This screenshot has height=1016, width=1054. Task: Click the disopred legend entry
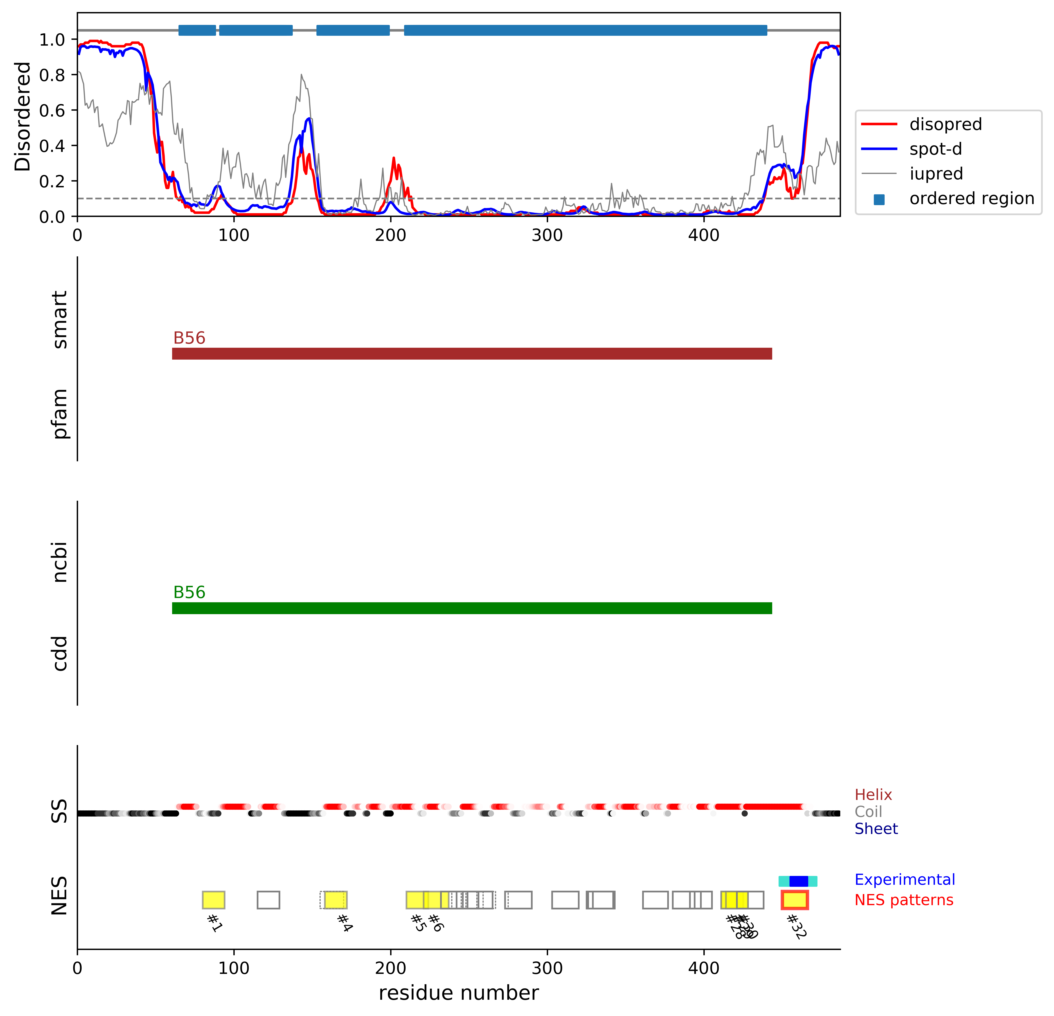(x=945, y=124)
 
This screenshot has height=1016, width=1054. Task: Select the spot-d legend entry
(x=936, y=149)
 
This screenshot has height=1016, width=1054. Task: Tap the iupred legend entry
(x=936, y=174)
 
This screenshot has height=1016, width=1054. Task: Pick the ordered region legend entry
(x=971, y=199)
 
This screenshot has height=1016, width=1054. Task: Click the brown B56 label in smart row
(x=189, y=338)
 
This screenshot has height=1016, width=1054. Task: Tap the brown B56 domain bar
(x=472, y=354)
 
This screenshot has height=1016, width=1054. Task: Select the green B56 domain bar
(x=472, y=608)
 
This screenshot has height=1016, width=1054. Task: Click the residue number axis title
(x=458, y=993)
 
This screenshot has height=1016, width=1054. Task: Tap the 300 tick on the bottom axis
(x=547, y=968)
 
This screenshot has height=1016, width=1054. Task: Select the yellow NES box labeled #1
(x=213, y=900)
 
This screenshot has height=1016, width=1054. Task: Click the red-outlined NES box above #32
(x=794, y=900)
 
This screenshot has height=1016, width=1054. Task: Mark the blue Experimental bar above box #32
(x=799, y=881)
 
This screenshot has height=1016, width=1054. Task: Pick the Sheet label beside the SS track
(x=876, y=829)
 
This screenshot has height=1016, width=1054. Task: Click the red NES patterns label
(x=903, y=900)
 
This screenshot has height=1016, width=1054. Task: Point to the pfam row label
(x=60, y=413)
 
